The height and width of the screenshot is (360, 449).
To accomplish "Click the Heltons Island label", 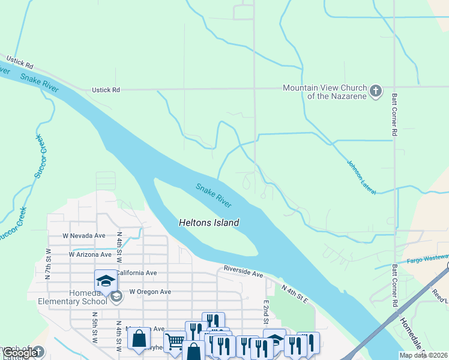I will (x=209, y=223).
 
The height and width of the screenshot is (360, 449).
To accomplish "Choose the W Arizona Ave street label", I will (x=90, y=254).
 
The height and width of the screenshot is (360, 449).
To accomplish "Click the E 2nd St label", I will (x=265, y=311).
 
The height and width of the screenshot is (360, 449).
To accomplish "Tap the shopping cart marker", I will (x=174, y=341).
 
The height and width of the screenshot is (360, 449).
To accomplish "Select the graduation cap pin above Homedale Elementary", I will (x=105, y=281).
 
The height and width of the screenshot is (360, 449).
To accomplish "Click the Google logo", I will (x=21, y=353).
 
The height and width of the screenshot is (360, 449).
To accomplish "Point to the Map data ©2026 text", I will (x=423, y=355).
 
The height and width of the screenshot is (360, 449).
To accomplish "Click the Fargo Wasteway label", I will (x=428, y=260).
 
